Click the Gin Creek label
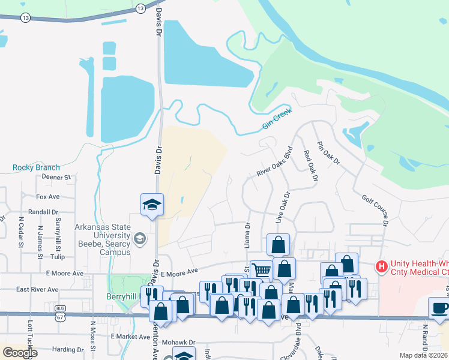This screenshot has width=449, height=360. pos(277,119)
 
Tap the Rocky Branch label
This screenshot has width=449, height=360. pos(37,167)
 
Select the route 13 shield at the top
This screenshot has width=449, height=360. pos(140,8)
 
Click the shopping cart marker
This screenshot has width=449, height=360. pos(261,270)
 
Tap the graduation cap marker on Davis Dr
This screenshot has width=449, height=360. pos(152,205)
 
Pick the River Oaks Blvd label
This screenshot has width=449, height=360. pos(274,161)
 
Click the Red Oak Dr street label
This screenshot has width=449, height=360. pos(310,166)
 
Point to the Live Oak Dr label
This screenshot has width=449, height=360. pos(283,208)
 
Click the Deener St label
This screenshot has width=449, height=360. pos(56,177)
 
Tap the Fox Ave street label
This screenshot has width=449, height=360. pos(48,196)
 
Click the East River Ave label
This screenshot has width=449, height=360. pos(37,289)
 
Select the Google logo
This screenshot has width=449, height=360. pos(20,352)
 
